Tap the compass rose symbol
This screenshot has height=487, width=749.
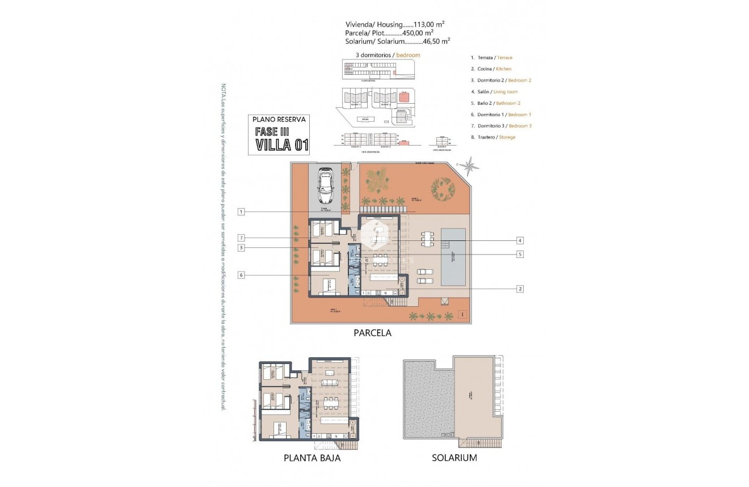469,166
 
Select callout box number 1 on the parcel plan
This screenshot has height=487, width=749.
241,211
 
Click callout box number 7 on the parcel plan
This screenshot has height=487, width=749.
241,238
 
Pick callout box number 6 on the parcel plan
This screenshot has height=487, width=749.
241,275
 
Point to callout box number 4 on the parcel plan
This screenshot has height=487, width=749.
520,240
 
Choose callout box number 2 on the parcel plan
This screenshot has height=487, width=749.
520,289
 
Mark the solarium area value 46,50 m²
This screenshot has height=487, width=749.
437,41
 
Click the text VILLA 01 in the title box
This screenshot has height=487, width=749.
281,145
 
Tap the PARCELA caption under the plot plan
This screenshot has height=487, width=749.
372,333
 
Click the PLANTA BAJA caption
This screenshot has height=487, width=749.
312,458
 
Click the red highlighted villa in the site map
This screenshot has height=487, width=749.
405,96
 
